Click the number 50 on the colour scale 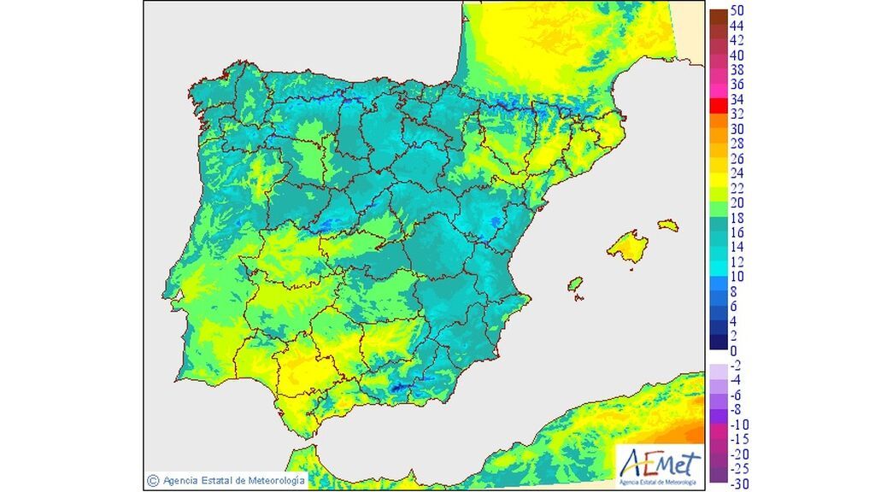pos(737,10)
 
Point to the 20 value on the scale pos(737,202)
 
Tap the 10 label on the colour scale pos(737,276)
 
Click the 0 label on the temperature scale pos(733,350)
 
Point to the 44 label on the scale pos(737,26)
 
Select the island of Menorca pos(667,225)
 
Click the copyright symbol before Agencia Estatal pos(152,481)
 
